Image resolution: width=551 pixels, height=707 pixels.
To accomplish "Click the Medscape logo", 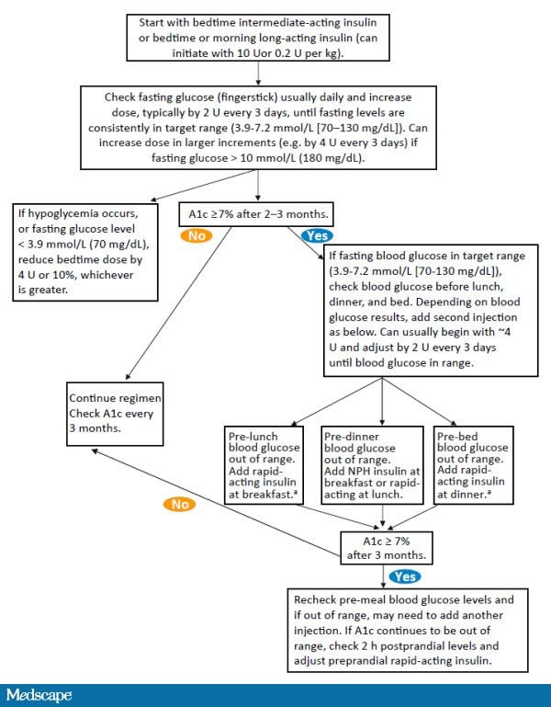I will tap(39, 692).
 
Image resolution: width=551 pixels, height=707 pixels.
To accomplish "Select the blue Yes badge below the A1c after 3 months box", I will tap(405, 576).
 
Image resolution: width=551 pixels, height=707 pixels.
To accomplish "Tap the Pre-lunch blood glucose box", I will tap(266, 463).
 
